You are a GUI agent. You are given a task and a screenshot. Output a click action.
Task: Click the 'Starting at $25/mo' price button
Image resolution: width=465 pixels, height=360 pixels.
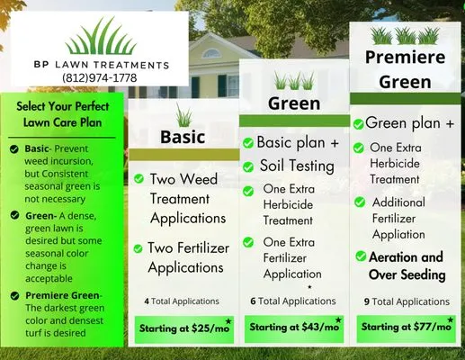pyautogui.click(x=184, y=328)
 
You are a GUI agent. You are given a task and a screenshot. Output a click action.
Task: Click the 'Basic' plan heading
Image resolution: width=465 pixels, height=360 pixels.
pyautogui.click(x=183, y=137)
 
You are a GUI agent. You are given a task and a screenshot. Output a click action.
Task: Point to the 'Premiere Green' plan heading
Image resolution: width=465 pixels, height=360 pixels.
pyautogui.click(x=404, y=69)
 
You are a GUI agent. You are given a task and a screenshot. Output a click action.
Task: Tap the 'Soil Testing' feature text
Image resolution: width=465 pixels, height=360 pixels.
pyautogui.click(x=297, y=166)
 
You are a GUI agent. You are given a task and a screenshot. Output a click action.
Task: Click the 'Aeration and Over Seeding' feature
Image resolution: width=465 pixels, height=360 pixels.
pyautogui.click(x=406, y=265)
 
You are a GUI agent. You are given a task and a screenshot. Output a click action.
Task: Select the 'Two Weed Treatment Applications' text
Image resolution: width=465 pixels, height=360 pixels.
pyautogui.click(x=187, y=199)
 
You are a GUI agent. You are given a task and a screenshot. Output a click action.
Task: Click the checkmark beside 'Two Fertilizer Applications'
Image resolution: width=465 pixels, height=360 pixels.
pyautogui.click(x=139, y=248)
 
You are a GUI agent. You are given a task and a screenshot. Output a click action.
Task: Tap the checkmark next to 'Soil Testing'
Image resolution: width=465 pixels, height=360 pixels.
pyautogui.click(x=247, y=166)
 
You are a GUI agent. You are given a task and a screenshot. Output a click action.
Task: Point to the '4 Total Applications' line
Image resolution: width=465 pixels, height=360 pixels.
pyautogui.click(x=181, y=301)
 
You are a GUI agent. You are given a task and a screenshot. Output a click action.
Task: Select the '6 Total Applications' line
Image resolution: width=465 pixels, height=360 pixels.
pyautogui.click(x=292, y=301)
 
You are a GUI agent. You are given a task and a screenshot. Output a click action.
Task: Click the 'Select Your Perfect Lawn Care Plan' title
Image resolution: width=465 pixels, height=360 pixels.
pyautogui.click(x=62, y=114)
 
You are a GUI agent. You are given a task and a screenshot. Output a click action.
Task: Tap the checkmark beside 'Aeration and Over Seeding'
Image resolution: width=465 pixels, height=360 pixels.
pyautogui.click(x=359, y=257)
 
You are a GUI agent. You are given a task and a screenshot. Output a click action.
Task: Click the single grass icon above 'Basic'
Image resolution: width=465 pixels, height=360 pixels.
pyautogui.click(x=183, y=114)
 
